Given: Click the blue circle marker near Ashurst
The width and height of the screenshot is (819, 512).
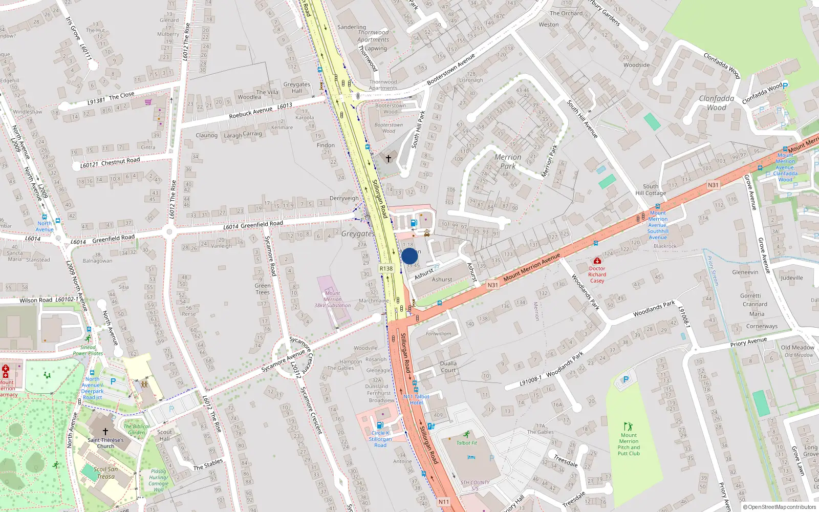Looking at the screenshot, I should [409, 256].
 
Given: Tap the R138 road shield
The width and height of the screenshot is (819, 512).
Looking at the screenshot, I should [386, 268].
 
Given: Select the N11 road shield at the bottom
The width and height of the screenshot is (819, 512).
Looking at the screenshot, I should [443, 502].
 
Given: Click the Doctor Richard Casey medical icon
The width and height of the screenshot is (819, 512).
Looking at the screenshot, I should [597, 261].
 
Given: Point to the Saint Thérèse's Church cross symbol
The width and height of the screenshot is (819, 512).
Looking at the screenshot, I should [105, 432].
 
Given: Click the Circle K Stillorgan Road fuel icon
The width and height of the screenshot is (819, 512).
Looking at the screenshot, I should [380, 425].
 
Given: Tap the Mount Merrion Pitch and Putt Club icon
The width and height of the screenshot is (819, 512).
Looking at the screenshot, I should [629, 426].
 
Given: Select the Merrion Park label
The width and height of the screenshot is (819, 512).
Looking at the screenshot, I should [508, 161].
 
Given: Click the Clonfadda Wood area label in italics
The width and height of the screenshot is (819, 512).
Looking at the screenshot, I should [717, 102].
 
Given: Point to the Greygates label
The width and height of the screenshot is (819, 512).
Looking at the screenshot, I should [358, 233].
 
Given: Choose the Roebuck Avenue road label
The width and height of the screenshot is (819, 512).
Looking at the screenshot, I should [251, 113].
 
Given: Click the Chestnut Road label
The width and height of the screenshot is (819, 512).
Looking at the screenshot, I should [120, 161].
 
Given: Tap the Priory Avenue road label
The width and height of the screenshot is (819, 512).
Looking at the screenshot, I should [748, 342].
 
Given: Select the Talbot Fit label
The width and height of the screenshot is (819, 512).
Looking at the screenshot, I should [467, 443].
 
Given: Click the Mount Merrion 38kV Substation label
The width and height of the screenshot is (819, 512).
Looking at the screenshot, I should [333, 300].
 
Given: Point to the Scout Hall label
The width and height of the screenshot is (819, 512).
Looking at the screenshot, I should [164, 435].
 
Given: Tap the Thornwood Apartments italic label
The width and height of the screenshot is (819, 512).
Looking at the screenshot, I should [373, 36].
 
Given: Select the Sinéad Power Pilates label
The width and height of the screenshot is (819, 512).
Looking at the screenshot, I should [88, 350].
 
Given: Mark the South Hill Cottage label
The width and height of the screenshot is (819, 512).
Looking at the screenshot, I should [651, 190].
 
